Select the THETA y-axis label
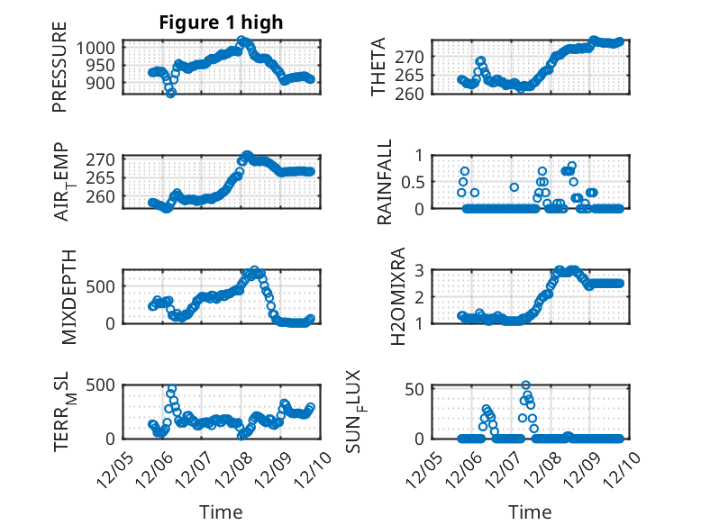[x=379, y=67]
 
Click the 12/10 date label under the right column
[x=628, y=469]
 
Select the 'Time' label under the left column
[x=221, y=512]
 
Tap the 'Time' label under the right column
[x=529, y=512]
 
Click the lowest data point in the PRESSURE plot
[x=170, y=93]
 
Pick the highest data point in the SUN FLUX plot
[x=525, y=385]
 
